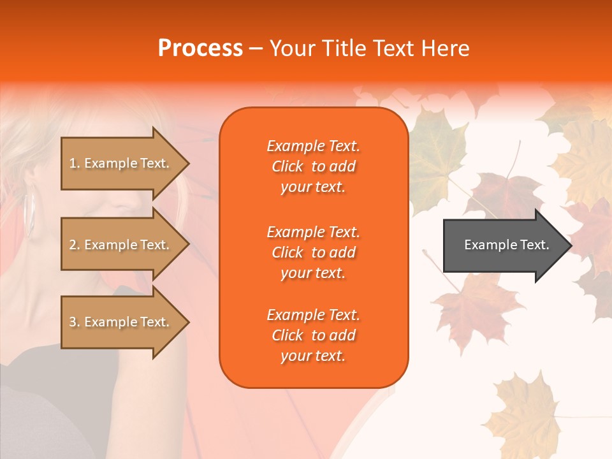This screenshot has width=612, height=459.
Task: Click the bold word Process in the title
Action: click(200, 48)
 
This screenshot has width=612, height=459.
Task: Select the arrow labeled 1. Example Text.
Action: click(121, 164)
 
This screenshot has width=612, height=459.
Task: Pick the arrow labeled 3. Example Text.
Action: click(121, 323)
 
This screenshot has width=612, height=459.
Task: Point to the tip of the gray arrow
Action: click(570, 245)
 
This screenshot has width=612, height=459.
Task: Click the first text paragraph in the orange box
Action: click(313, 166)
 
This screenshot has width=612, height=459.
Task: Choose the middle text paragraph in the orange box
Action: click(313, 252)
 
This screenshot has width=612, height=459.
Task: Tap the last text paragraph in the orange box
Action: click(313, 335)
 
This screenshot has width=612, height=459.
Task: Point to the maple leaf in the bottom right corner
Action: click(523, 408)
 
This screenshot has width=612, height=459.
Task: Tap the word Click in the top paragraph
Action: click(288, 167)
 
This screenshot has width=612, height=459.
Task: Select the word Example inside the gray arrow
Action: click(486, 245)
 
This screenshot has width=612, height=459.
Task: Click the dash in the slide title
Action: click(256, 48)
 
